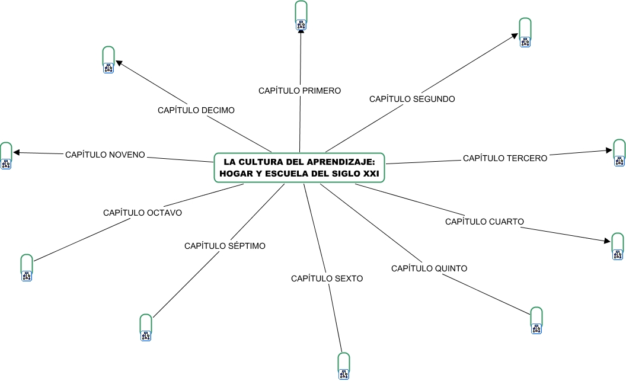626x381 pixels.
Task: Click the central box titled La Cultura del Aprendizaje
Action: click(299, 168)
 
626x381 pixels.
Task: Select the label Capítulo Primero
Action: click(299, 91)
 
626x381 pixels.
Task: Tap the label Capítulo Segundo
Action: click(412, 99)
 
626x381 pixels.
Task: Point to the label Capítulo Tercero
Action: click(505, 158)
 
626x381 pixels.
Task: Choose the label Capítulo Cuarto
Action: click(484, 222)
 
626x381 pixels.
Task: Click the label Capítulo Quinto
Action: click(429, 268)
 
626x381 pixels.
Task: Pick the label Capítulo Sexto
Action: click(327, 278)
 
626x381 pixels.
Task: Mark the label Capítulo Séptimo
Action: click(225, 245)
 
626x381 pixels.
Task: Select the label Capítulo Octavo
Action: click(142, 212)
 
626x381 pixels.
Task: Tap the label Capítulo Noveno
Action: click(105, 155)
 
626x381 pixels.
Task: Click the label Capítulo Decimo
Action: click(196, 110)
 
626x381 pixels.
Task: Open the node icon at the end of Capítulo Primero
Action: click(301, 24)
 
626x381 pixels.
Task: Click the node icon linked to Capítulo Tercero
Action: click(619, 161)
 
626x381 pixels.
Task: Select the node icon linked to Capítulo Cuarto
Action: click(618, 254)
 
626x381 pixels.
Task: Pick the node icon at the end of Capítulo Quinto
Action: click(536, 328)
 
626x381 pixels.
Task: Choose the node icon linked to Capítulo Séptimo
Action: click(145, 335)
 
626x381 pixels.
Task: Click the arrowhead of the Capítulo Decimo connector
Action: click(118, 62)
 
